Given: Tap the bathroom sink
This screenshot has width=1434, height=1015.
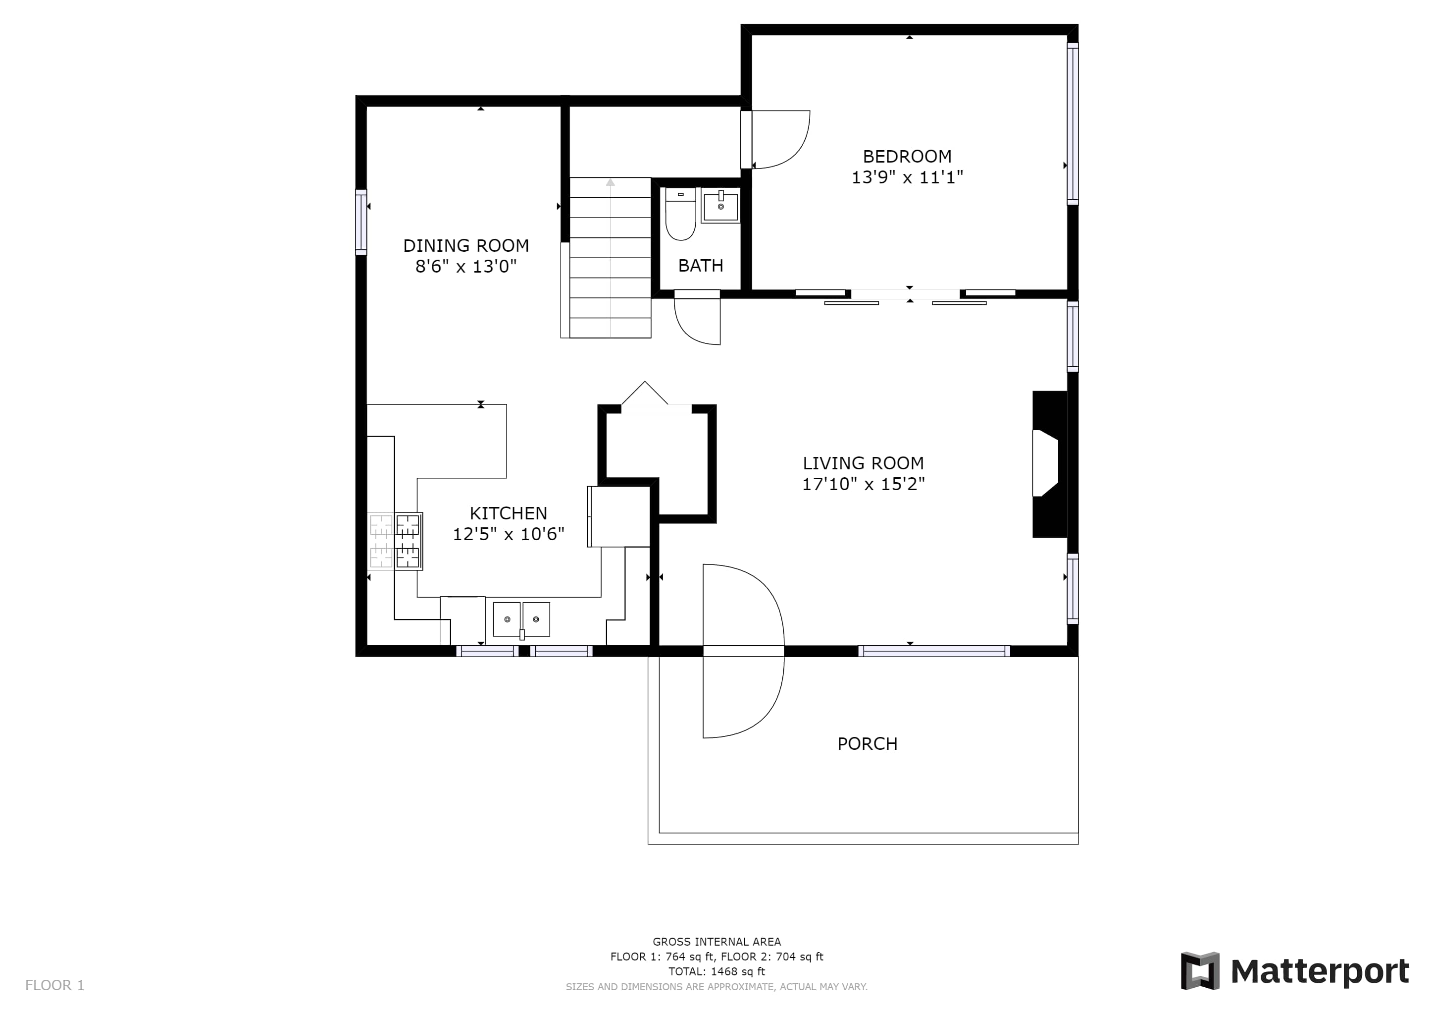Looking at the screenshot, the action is [x=721, y=205].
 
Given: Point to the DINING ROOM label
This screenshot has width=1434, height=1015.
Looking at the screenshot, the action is [x=466, y=246].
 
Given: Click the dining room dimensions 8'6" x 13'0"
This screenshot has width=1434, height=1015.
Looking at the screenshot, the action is [x=466, y=267].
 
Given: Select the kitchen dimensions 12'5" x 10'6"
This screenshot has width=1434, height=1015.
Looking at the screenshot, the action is [x=509, y=534].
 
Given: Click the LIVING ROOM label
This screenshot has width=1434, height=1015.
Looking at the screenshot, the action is [x=863, y=463].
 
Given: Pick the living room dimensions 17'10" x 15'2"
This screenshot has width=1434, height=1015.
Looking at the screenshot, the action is [x=863, y=484].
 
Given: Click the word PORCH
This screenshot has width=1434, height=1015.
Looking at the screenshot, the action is [x=868, y=744].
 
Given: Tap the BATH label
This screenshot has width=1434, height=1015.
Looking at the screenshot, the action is [x=701, y=266].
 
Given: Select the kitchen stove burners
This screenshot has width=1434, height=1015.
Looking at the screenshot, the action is [x=409, y=541].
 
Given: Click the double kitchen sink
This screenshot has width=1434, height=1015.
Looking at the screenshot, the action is [x=521, y=620].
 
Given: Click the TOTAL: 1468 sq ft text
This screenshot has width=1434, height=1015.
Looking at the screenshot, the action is [x=717, y=972].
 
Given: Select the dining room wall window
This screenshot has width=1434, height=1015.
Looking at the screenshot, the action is [x=361, y=223].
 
